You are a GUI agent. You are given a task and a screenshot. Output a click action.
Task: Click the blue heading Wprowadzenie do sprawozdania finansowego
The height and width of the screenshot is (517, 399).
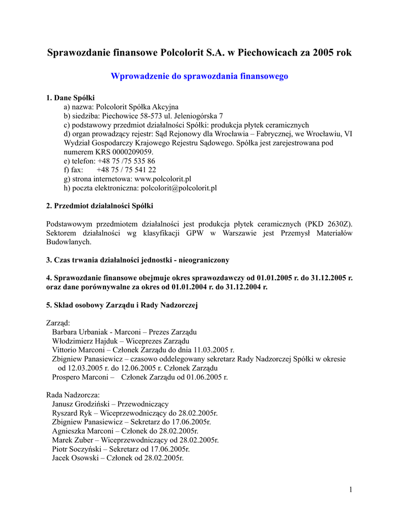(x=199, y=76)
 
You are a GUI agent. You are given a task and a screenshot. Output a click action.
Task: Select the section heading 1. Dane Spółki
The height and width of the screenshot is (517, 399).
(x=71, y=97)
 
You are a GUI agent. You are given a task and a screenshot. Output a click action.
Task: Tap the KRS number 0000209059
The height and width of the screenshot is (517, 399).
(x=128, y=151)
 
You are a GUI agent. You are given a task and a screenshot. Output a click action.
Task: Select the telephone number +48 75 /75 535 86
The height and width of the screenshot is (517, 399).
(x=126, y=161)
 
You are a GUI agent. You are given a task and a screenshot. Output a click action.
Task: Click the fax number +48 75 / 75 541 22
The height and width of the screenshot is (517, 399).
(x=126, y=170)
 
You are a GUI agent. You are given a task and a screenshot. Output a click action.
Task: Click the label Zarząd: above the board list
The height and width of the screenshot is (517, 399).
(x=59, y=323)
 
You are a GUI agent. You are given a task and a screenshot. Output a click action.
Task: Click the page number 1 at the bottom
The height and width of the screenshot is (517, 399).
(x=350, y=489)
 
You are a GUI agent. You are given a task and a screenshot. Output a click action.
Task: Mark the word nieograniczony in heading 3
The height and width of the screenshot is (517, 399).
(x=204, y=260)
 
